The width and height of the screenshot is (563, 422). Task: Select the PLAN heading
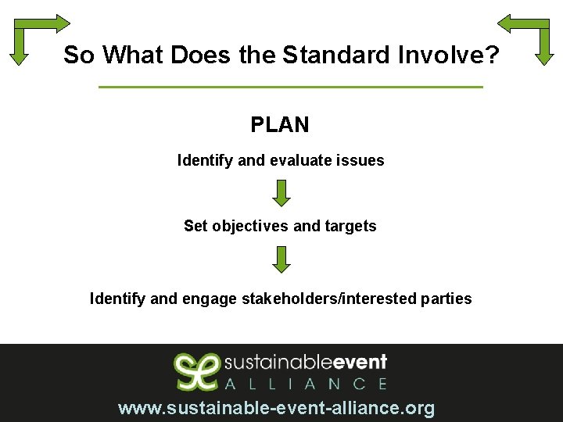point(280,124)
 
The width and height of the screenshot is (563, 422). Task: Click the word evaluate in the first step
point(300,160)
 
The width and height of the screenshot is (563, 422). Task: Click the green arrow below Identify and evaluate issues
point(281,193)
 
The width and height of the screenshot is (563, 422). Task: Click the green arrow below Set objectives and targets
point(281,259)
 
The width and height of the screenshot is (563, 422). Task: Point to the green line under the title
point(291,87)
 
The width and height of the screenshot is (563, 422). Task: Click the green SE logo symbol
point(195,370)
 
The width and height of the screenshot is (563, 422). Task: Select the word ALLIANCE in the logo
point(305,384)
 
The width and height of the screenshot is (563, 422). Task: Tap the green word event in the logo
point(360,363)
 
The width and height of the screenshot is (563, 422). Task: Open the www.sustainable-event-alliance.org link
point(276,408)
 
